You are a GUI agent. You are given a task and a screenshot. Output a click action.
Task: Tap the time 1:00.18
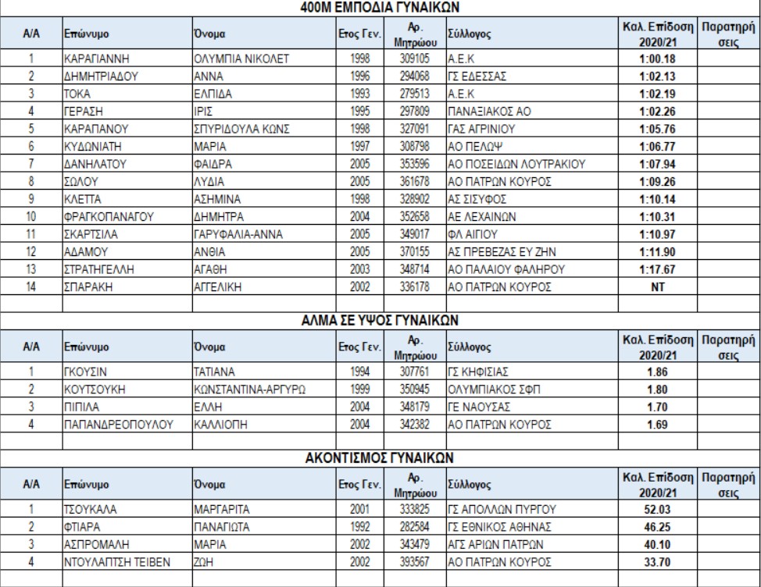(x=657, y=59)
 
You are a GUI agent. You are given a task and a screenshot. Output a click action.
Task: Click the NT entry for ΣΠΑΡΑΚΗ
(x=657, y=286)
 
